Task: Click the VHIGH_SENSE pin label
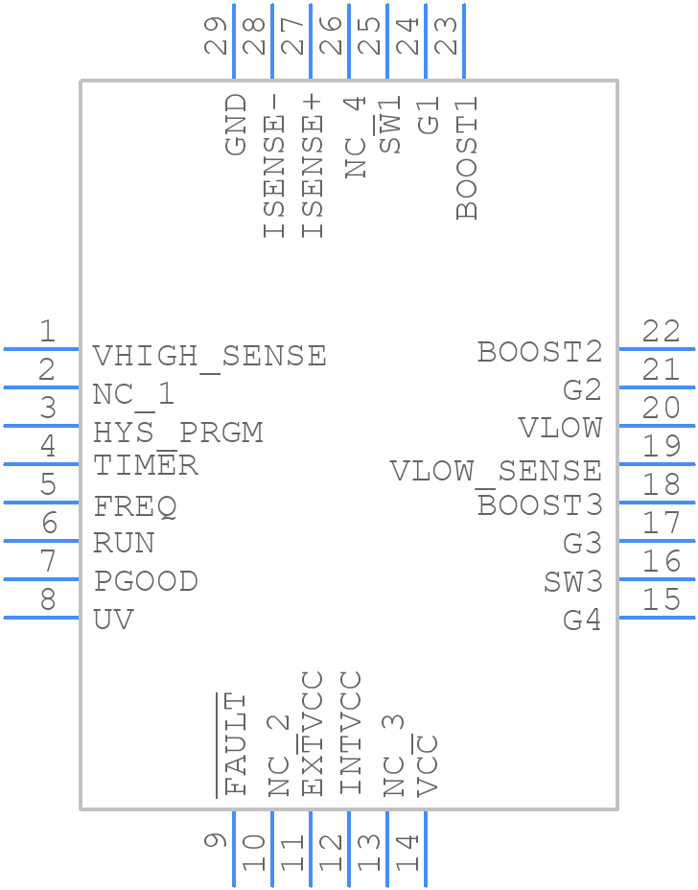tap(209, 356)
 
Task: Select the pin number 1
tap(47, 332)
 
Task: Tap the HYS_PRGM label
tap(177, 433)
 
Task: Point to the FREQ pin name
tap(134, 505)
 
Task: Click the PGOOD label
tap(146, 582)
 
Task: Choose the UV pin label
tap(113, 621)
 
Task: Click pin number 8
tap(47, 600)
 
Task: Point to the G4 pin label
tap(582, 621)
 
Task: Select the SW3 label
tap(572, 582)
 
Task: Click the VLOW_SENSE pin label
tap(495, 471)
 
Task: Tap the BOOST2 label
tap(540, 352)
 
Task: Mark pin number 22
tap(662, 332)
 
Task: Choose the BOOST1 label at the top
tap(467, 156)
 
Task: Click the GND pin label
tap(236, 125)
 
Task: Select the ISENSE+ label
tap(313, 176)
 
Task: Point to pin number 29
tap(217, 36)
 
